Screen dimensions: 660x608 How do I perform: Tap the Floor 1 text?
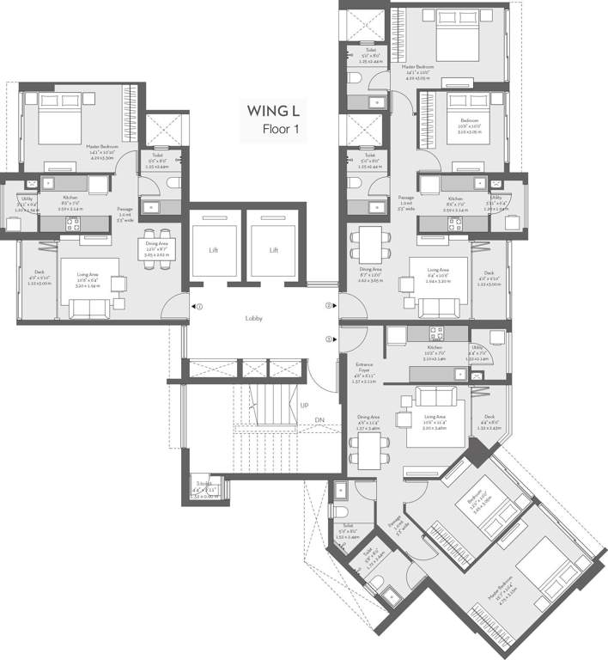point(281,130)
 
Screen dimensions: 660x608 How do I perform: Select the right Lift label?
point(274,250)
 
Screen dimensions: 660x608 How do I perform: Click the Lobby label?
point(252,319)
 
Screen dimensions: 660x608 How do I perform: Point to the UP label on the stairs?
point(305,405)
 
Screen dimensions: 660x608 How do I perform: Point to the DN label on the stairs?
point(319,419)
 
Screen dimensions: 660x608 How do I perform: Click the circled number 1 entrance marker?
point(199,306)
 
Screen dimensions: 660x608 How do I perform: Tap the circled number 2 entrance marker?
point(328,305)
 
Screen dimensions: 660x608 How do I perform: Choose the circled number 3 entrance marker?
point(328,339)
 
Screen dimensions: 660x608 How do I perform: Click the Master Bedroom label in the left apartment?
point(101,147)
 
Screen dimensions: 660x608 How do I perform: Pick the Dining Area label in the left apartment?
point(156,244)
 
